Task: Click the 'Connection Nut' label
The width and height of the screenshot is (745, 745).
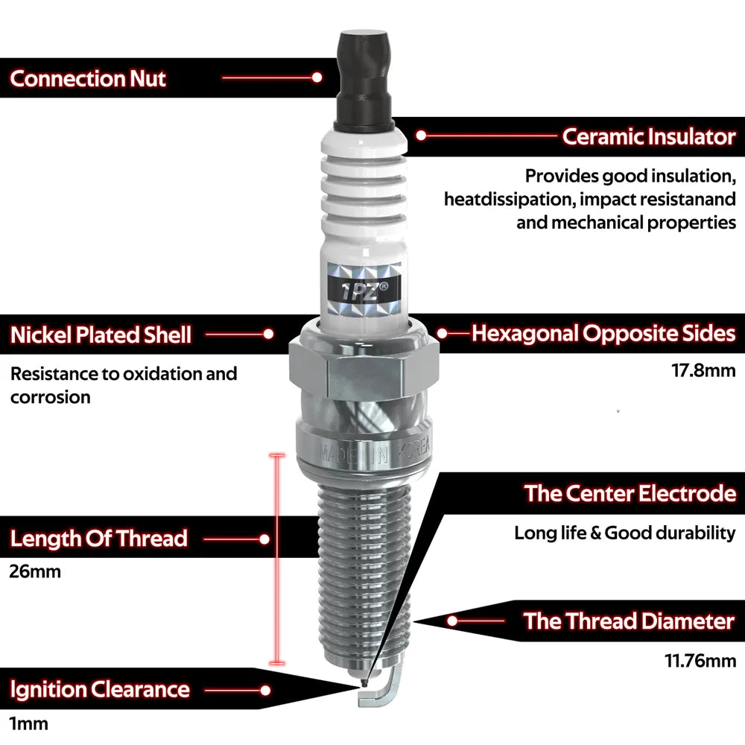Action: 88,78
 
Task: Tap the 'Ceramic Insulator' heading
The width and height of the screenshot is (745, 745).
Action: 649,136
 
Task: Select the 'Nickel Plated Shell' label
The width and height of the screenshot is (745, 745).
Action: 101,335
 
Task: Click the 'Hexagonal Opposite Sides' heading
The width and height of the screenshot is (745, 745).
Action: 603,334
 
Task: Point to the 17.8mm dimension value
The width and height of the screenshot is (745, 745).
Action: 703,370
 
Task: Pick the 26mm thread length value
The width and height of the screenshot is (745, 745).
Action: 35,571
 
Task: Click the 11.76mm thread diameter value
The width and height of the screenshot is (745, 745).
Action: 700,661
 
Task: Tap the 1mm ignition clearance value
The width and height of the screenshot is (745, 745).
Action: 29,724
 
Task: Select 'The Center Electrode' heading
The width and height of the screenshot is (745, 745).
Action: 630,493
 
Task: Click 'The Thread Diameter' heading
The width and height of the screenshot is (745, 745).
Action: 629,621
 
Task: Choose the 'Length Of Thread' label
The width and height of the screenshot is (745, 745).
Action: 99,539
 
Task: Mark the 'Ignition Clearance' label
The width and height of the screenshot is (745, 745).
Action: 100,690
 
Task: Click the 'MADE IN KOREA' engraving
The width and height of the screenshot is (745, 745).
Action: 375,451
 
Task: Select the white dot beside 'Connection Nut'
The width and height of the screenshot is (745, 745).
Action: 317,77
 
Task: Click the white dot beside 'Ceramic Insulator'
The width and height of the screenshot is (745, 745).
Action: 421,136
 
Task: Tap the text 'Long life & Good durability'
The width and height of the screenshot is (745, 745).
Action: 625,533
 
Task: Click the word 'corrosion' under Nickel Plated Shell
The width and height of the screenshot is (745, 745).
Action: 51,397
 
